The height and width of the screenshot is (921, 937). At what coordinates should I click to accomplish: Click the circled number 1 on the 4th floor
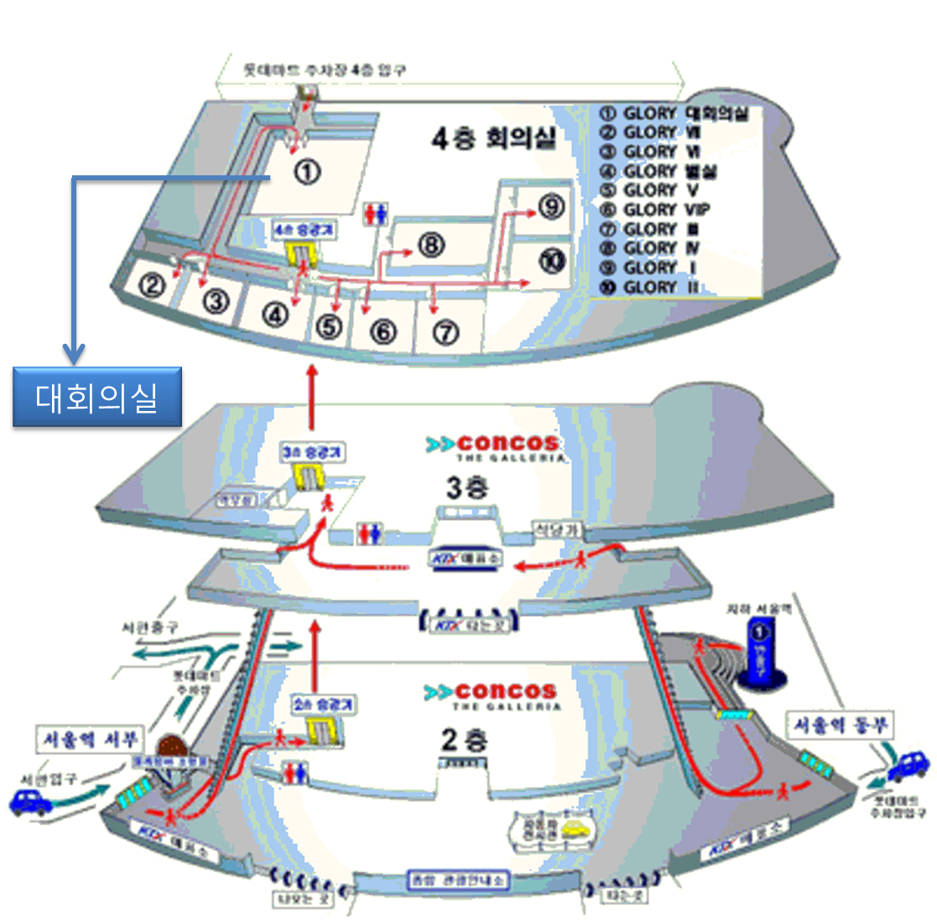(x=308, y=172)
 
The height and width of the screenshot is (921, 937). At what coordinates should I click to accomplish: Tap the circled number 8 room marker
(x=430, y=245)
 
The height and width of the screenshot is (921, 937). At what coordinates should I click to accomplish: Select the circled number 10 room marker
(x=552, y=261)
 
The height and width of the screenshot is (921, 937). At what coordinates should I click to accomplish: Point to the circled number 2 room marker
(x=152, y=286)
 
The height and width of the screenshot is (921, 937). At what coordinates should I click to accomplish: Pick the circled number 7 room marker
(x=445, y=333)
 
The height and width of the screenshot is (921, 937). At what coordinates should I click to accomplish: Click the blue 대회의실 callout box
(x=97, y=397)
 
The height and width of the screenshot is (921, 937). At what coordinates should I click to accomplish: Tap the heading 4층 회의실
(x=493, y=138)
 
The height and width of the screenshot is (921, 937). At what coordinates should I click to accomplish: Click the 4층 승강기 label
(x=305, y=229)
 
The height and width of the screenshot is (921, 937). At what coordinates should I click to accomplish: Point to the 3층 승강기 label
(x=311, y=452)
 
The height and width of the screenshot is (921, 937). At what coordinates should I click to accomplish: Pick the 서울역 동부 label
(x=840, y=725)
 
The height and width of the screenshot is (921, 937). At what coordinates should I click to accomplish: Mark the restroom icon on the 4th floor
(x=375, y=215)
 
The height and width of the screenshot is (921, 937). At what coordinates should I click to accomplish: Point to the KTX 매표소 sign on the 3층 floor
(x=466, y=558)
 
